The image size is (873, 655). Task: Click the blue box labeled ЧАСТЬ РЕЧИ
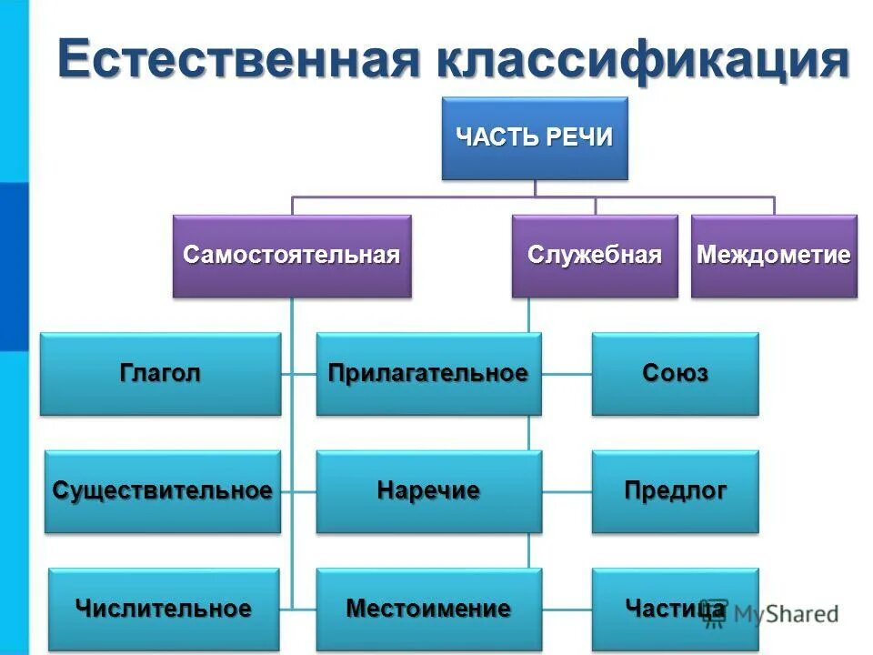click(x=534, y=138)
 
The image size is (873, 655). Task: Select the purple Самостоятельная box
click(x=292, y=256)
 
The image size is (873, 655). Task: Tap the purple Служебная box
click(x=595, y=256)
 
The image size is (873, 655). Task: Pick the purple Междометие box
click(x=774, y=256)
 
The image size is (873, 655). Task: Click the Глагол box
click(x=160, y=374)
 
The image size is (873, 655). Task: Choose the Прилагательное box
click(x=428, y=374)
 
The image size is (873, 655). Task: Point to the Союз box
click(x=675, y=374)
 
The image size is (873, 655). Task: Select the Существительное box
click(x=163, y=491)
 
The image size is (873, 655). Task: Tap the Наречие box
click(x=428, y=491)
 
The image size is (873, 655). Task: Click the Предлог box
click(x=675, y=491)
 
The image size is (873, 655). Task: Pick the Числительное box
click(x=164, y=609)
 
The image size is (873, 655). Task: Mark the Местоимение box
click(x=428, y=609)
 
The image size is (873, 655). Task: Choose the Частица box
click(x=675, y=609)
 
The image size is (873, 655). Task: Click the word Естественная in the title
click(x=237, y=60)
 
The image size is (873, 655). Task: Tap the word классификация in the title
click(x=647, y=60)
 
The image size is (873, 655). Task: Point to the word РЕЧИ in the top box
click(x=579, y=137)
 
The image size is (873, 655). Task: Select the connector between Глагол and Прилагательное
click(x=299, y=373)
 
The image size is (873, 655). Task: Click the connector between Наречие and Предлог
click(x=567, y=491)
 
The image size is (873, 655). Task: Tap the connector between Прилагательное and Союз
click(x=567, y=373)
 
